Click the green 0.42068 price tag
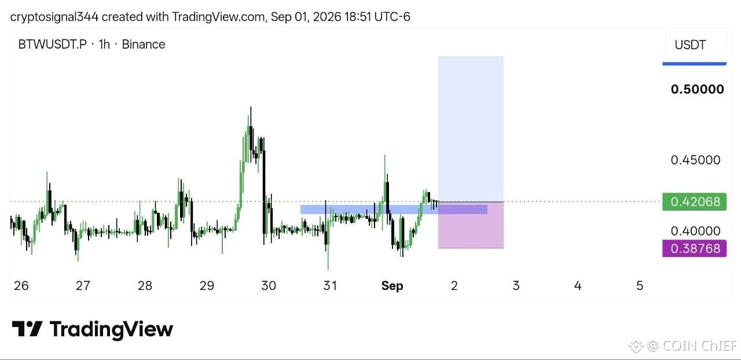[694, 201]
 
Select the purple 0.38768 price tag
[694, 248]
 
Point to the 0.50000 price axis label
[698, 89]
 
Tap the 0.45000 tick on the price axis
[695, 160]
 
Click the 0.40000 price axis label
[695, 230]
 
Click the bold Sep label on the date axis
[392, 285]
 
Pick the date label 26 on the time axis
[21, 285]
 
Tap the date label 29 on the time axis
[207, 285]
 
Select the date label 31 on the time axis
[330, 285]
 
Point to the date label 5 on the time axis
[640, 285]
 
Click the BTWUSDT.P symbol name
[52, 45]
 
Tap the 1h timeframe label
[104, 45]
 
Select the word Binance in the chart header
[143, 45]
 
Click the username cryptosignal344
[54, 17]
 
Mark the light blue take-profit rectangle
[471, 129]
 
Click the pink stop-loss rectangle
[471, 225]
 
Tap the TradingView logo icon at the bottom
[27, 329]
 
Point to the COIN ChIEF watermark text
[699, 346]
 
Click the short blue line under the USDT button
[694, 64]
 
